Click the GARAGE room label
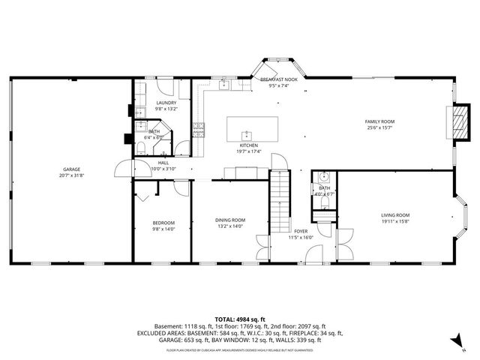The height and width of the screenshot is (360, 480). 72,169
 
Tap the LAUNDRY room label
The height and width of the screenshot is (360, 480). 166,103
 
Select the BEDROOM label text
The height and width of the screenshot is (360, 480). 163,223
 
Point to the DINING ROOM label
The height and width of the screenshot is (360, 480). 230,220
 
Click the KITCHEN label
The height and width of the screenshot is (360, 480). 249,145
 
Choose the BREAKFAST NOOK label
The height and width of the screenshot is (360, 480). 279,79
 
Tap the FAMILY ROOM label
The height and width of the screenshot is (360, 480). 379,121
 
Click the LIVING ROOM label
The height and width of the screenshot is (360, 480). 395,215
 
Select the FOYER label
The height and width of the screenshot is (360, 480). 301,231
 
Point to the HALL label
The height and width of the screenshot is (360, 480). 163,163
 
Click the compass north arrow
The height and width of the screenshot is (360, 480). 454,341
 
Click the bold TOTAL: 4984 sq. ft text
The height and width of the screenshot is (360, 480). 240,319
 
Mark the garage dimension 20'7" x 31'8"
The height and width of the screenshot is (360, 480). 72,175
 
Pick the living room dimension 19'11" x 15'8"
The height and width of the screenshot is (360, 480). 395,221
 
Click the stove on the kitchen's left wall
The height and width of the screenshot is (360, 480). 199,131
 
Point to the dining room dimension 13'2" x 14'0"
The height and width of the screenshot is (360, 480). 230,226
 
